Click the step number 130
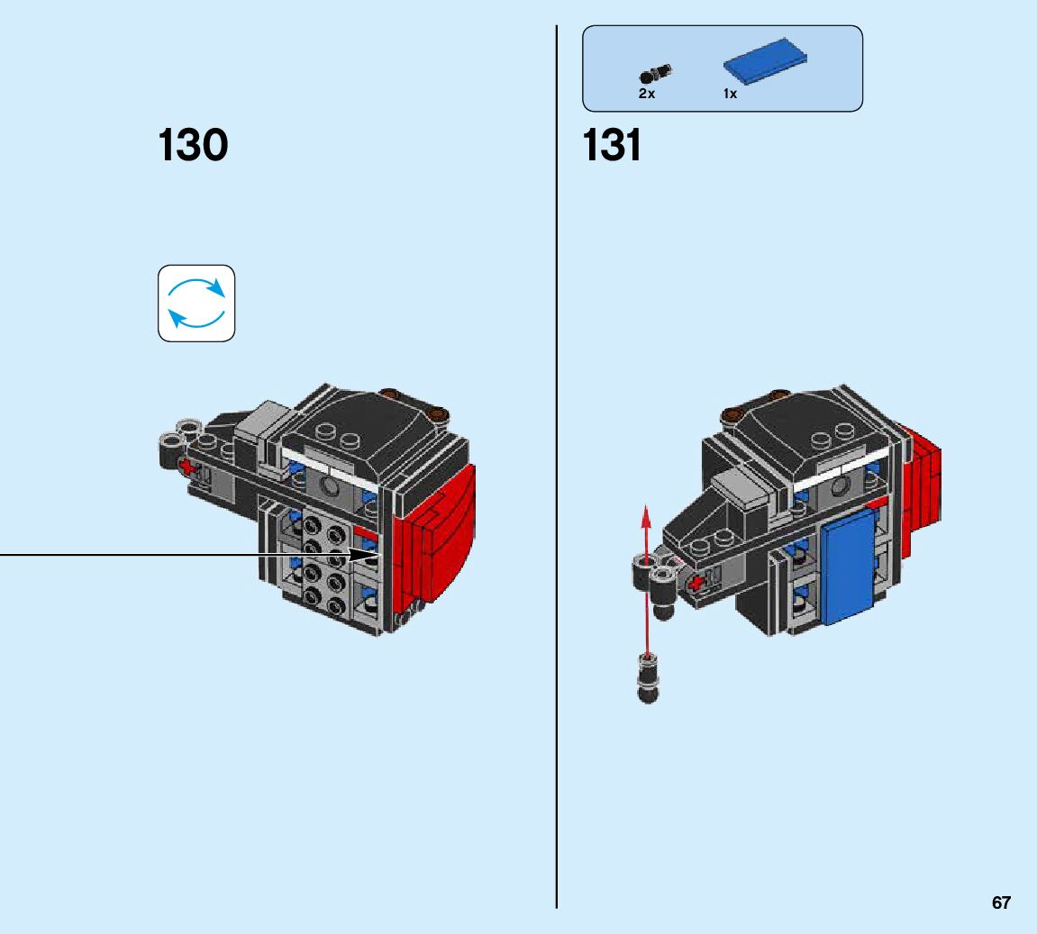click(x=193, y=146)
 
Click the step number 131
click(x=613, y=146)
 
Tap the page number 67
click(x=1001, y=902)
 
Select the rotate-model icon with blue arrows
click(x=196, y=303)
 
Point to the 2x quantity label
click(x=647, y=94)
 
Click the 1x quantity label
click(x=730, y=94)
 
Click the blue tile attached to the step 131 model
click(x=848, y=571)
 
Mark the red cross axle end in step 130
click(x=187, y=466)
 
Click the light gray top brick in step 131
click(x=743, y=494)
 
